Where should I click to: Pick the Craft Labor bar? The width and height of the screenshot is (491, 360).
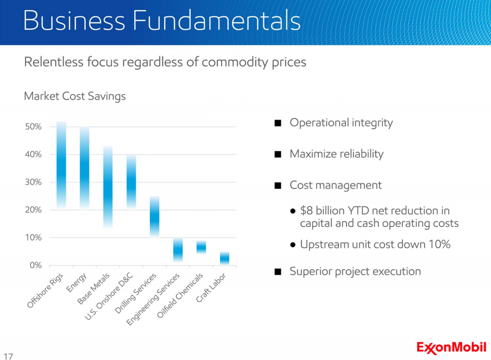click(224, 258)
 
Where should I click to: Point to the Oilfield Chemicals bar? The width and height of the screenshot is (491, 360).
click(201, 247)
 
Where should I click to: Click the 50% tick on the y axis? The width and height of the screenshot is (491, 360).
click(34, 127)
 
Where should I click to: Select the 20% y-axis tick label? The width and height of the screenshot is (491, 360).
click(34, 210)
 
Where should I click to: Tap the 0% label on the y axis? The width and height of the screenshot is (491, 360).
click(36, 266)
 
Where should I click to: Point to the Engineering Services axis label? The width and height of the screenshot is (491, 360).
click(154, 299)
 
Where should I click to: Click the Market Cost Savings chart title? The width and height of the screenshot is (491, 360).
click(75, 96)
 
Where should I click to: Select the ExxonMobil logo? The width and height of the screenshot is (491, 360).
click(451, 347)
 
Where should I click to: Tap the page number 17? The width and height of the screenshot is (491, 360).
click(8, 357)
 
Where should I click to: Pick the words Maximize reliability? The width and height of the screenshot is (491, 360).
click(336, 154)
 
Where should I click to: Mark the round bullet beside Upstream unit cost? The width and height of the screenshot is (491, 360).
click(293, 245)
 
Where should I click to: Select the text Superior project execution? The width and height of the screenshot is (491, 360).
click(355, 271)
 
